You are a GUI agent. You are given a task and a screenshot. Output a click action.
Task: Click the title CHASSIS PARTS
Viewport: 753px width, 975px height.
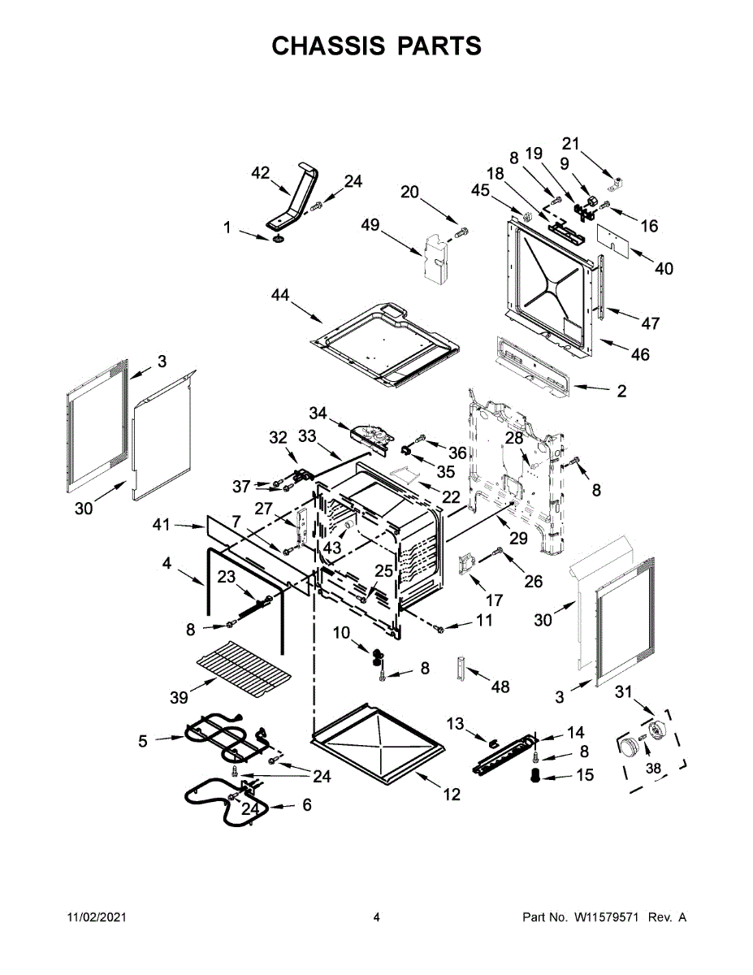tap(376, 46)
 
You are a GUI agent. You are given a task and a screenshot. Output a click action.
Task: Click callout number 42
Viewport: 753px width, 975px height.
tap(260, 173)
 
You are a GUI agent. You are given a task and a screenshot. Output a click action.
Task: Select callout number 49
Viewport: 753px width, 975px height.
tap(370, 225)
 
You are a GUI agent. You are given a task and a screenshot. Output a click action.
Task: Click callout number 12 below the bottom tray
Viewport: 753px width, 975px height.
tap(452, 794)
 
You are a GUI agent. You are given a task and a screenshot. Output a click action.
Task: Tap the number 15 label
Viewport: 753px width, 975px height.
tap(585, 776)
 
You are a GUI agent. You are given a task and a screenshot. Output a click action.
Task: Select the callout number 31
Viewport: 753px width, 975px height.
tap(623, 691)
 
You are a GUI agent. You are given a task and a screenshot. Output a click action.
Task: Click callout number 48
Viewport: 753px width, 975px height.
tap(500, 687)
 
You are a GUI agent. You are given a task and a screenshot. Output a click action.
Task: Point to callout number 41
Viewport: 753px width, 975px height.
tap(162, 525)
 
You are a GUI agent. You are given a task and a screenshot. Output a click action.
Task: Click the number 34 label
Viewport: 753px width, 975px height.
tap(318, 414)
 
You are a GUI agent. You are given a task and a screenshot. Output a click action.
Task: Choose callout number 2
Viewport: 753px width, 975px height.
tap(621, 391)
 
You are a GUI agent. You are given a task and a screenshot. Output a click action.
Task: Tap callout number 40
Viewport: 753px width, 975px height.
tap(664, 269)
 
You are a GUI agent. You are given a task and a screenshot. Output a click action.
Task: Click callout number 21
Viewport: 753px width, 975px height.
tap(571, 144)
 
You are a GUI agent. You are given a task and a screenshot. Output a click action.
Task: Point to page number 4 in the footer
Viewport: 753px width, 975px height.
tap(376, 917)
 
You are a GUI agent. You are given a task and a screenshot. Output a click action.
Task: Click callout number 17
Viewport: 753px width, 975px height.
tap(493, 600)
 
